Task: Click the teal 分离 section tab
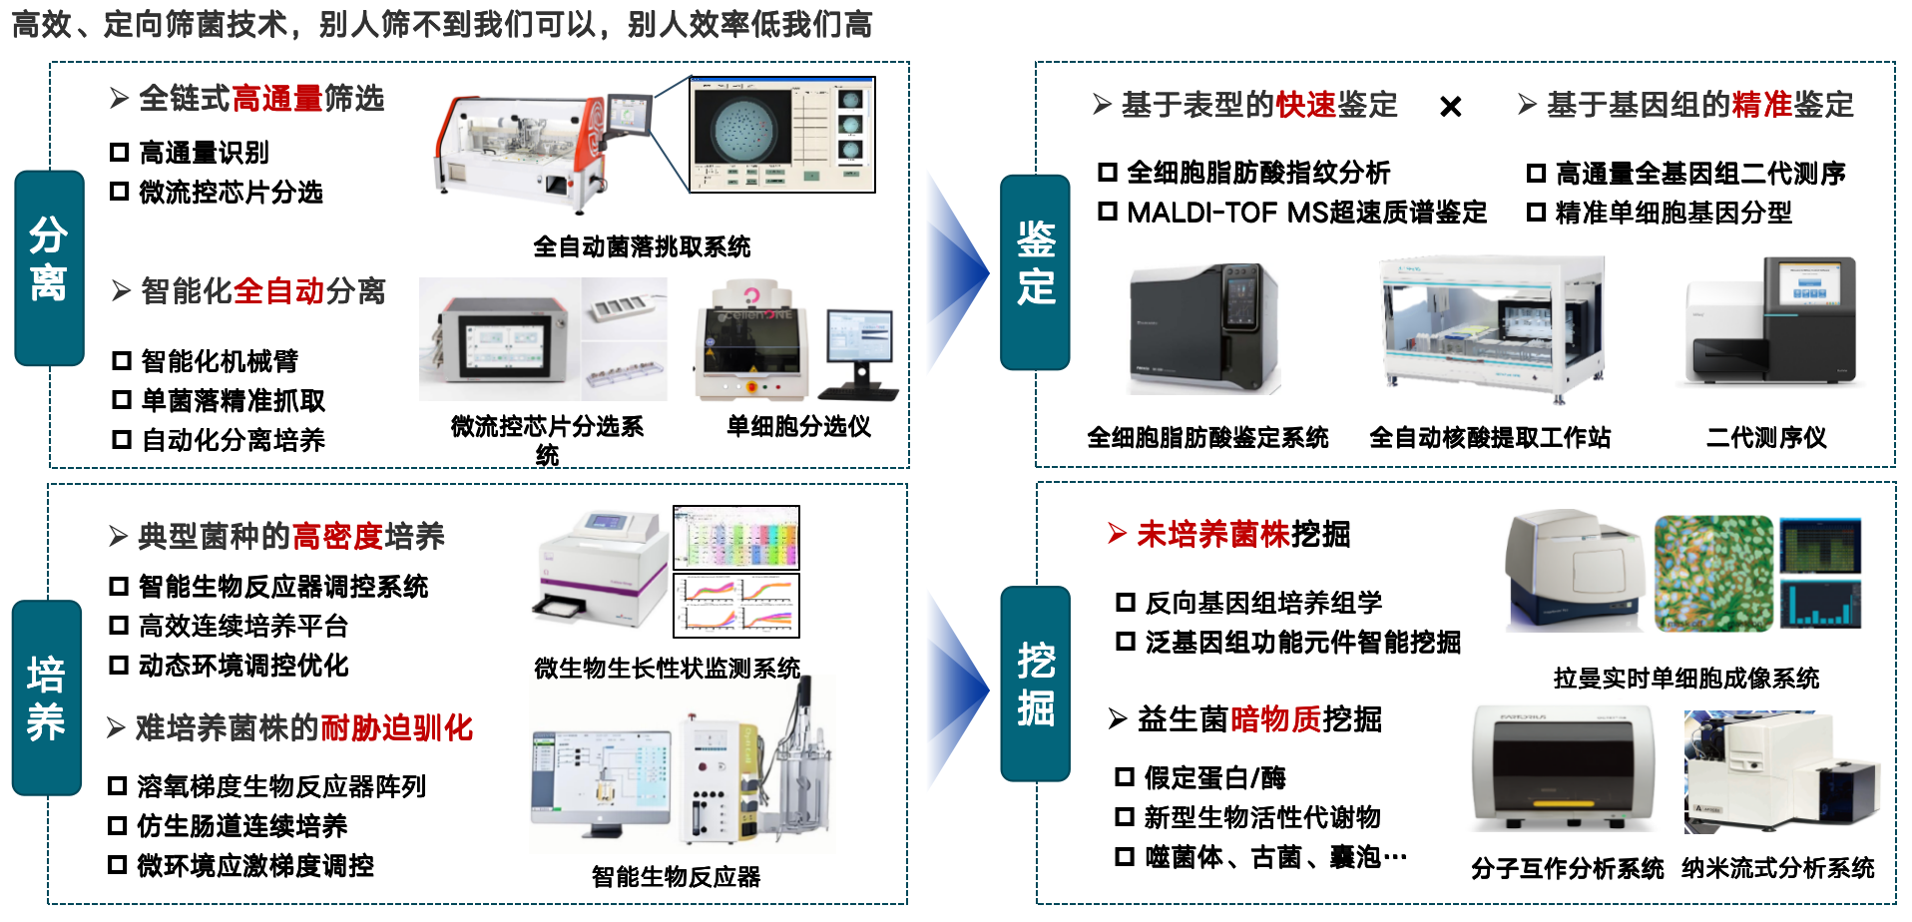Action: tap(49, 267)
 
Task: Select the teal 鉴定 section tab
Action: tap(1035, 271)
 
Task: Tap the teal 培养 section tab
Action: tap(47, 697)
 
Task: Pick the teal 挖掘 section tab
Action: tap(1035, 684)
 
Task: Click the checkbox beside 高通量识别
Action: tap(120, 153)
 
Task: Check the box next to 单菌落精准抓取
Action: tap(122, 400)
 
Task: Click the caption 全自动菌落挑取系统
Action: tap(641, 246)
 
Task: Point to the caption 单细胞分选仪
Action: tap(798, 427)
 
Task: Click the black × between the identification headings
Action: tap(1450, 107)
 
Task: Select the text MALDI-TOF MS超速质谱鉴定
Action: tap(1306, 213)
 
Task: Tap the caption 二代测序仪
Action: tap(1765, 437)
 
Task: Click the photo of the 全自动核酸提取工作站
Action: tap(1491, 329)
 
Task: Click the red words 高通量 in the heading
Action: tap(276, 99)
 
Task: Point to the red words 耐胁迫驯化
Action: tap(396, 728)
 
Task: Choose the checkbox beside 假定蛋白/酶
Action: tap(1125, 777)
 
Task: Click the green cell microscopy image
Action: tap(1712, 573)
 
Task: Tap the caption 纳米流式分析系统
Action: tap(1777, 868)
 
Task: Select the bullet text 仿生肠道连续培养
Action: tap(242, 826)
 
